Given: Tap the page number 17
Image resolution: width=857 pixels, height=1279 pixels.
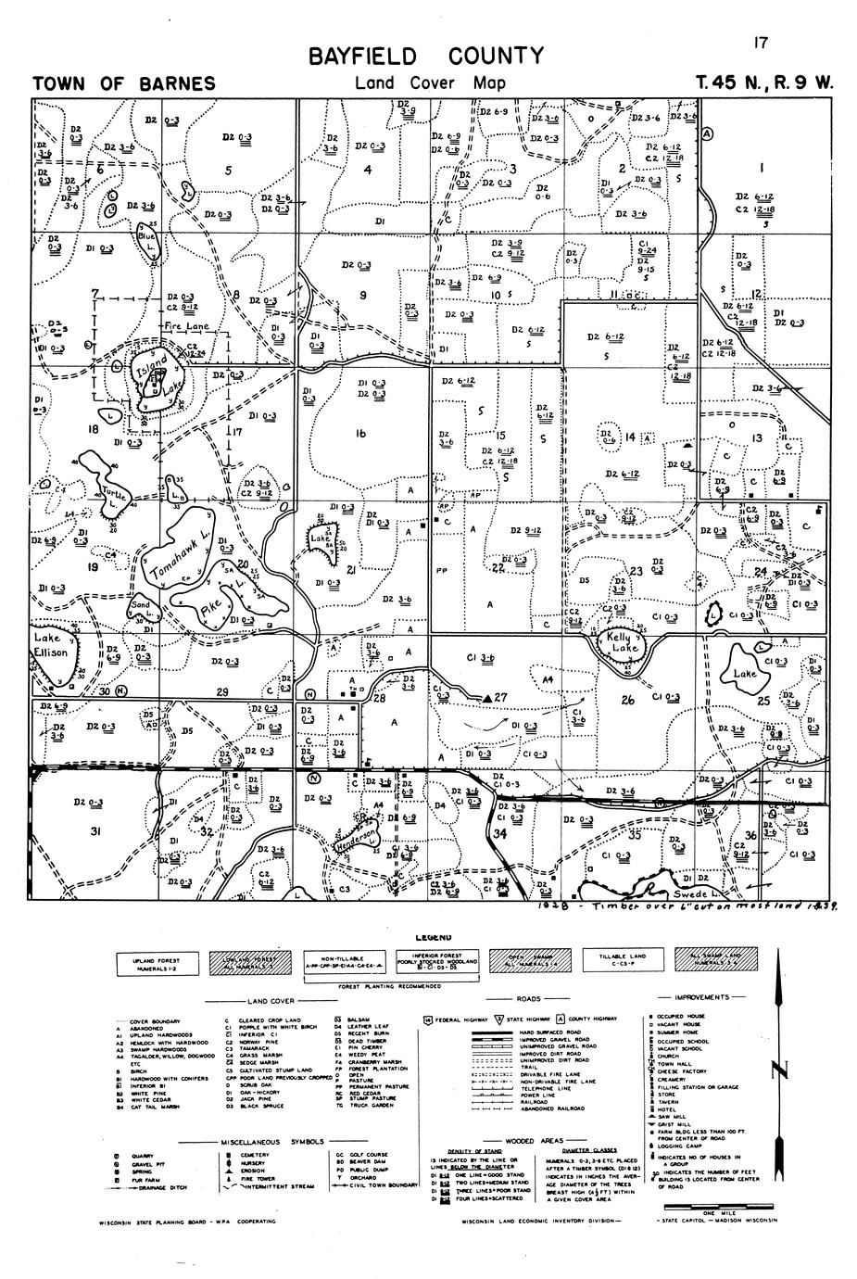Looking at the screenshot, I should tap(762, 42).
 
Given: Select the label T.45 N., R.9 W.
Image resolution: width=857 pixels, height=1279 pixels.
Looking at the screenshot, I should tap(765, 82).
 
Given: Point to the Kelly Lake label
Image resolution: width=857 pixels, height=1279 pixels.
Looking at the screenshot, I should tap(623, 642).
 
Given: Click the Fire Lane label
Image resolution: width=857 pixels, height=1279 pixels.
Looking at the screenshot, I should tap(186, 327).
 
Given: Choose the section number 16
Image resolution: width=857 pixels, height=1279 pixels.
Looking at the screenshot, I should tap(360, 434).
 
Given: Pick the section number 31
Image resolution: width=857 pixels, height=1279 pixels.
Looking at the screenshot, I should tap(95, 831).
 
